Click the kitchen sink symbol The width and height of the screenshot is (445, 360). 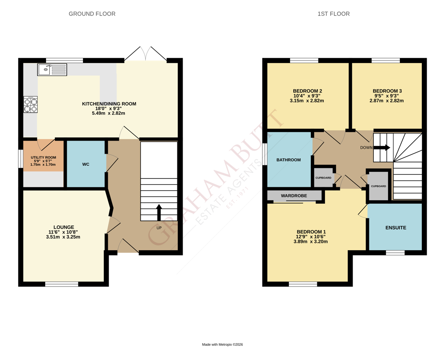[x=52, y=70]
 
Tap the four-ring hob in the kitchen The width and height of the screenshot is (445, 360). [x=31, y=104]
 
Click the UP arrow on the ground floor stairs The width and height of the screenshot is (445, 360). [x=159, y=213]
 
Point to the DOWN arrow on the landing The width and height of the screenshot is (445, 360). [x=382, y=147]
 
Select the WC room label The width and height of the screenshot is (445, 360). [x=86, y=165]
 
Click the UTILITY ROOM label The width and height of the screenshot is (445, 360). [x=44, y=157]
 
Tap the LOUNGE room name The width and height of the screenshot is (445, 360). [x=64, y=227]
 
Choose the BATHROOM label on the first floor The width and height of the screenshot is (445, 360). [x=289, y=160]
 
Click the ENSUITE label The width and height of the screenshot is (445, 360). [x=396, y=228]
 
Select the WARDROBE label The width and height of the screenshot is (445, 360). [x=294, y=195]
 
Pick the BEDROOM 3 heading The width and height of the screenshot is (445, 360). [x=387, y=91]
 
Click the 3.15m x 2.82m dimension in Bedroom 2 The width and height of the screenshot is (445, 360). [x=307, y=101]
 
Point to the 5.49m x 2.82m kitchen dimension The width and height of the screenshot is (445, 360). [x=109, y=113]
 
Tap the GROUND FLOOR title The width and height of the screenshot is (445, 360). [x=92, y=14]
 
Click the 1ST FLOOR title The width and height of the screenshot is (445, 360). [x=334, y=14]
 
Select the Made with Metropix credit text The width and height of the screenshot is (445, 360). [x=222, y=345]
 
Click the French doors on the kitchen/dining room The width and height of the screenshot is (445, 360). [x=146, y=54]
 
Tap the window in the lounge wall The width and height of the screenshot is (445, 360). [x=61, y=284]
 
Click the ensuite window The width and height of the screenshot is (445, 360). [x=395, y=253]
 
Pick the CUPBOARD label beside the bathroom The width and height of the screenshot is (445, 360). [x=323, y=178]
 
